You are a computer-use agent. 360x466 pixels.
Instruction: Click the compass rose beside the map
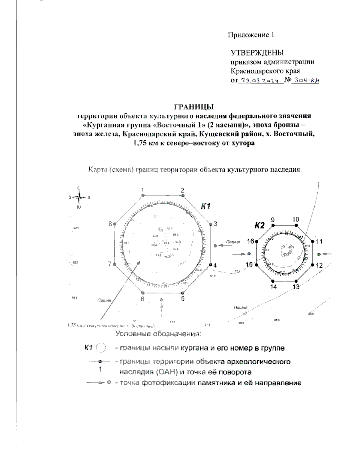coord(79,197)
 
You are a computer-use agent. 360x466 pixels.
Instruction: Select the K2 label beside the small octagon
coord(259,225)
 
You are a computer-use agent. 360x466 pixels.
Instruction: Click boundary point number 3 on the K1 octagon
coord(211,224)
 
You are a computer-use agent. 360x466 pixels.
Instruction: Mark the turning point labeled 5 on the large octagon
coord(183,293)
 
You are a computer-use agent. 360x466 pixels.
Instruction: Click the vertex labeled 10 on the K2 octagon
coord(296,225)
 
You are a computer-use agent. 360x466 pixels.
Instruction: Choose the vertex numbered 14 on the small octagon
coord(273,281)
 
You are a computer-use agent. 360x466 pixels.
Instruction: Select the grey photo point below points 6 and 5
coord(161,300)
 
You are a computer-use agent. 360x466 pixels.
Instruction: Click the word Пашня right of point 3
coord(232,241)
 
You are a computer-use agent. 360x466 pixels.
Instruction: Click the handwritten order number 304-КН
coord(306,80)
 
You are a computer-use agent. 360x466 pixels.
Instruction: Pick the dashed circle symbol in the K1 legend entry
coord(101,348)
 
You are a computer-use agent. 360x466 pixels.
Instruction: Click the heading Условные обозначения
coord(158,334)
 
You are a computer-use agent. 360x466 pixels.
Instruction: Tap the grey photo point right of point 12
coord(319,254)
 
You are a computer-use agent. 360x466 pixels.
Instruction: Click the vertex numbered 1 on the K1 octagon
coord(143,195)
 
